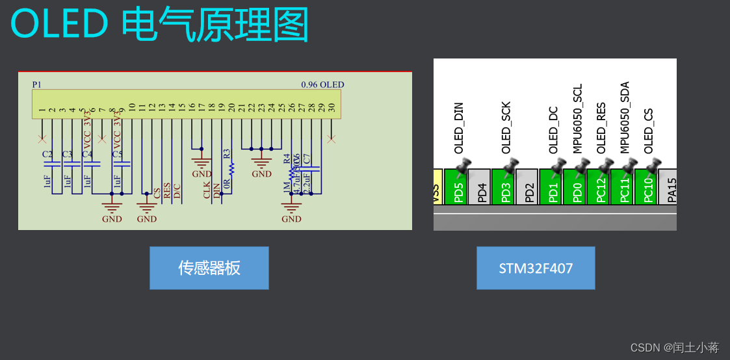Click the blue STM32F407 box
point(536,268)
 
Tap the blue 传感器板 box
point(209,268)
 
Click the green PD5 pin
point(459,188)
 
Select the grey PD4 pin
point(482,188)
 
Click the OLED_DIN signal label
point(459,128)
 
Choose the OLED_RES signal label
point(601,128)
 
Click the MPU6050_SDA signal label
point(625,118)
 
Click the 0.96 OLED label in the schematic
point(322,85)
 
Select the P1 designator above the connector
point(36,85)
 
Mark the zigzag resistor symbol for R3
point(231,168)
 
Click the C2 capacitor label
point(47,155)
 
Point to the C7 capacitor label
point(307,159)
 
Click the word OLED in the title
point(59,25)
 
